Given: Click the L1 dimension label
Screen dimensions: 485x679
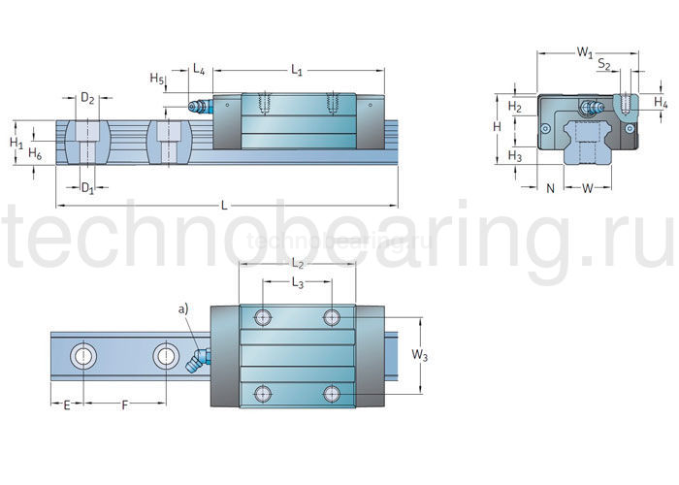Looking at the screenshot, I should pyautogui.click(x=298, y=70).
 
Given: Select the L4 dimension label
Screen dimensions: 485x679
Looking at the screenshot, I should pyautogui.click(x=198, y=69).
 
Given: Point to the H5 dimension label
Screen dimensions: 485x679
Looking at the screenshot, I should pyautogui.click(x=156, y=78).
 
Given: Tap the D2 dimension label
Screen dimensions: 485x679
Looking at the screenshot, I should pyautogui.click(x=87, y=98).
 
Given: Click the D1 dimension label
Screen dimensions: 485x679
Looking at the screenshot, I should pyautogui.click(x=86, y=186).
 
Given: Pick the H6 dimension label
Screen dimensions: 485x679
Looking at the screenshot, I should pyautogui.click(x=35, y=154).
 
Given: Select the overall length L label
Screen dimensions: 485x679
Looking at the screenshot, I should pyautogui.click(x=225, y=205).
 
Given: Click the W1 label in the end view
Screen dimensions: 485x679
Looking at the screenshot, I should pyautogui.click(x=586, y=51).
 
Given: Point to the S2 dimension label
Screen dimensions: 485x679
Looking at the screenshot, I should pyautogui.click(x=603, y=66).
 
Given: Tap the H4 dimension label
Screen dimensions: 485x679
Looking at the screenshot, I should pyautogui.click(x=661, y=102).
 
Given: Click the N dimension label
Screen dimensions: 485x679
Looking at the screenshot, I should pyautogui.click(x=550, y=187).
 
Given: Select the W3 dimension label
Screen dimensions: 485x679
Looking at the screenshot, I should pyautogui.click(x=419, y=355).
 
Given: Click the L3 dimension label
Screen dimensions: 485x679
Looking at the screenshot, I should pyautogui.click(x=298, y=282).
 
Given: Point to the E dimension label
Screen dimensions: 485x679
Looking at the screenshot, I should pyautogui.click(x=66, y=404).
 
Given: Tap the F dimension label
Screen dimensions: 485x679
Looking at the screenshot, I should pyautogui.click(x=123, y=404).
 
